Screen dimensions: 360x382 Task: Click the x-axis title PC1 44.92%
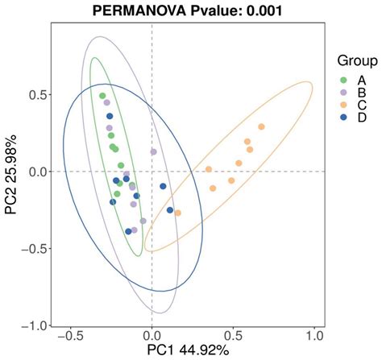[187, 351]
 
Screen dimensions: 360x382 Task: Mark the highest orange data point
[261, 126]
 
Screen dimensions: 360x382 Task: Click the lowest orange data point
[177, 213]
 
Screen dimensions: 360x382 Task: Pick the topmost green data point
[102, 96]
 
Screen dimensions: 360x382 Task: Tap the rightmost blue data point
[170, 210]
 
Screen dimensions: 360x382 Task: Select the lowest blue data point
[128, 231]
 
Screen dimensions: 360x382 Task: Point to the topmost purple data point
[106, 102]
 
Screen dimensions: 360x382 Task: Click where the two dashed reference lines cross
[152, 172]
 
